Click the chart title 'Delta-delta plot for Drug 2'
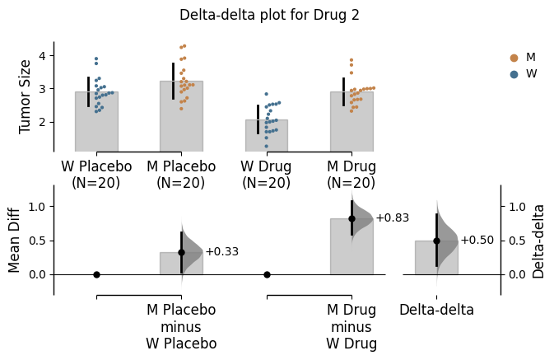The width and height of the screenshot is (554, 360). (x=269, y=15)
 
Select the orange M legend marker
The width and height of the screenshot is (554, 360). (x=514, y=58)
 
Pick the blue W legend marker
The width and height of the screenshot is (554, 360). (x=514, y=74)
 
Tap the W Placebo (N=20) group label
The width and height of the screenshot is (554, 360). (x=96, y=174)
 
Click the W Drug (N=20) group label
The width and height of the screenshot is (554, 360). (x=266, y=174)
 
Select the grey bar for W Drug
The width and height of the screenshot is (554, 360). (x=266, y=136)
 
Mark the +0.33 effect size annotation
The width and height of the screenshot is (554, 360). (x=221, y=252)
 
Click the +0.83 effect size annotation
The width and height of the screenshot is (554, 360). (x=392, y=217)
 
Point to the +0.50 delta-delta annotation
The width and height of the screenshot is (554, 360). (x=477, y=241)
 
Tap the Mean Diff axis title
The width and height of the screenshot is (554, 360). (x=15, y=240)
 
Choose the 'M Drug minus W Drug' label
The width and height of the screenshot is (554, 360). (x=351, y=327)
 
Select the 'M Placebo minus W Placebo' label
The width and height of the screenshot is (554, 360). (x=181, y=327)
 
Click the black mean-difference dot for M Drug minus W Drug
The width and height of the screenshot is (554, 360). (x=351, y=218)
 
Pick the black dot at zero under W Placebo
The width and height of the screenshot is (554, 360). (x=96, y=274)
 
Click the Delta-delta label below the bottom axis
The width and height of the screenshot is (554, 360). (x=436, y=310)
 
